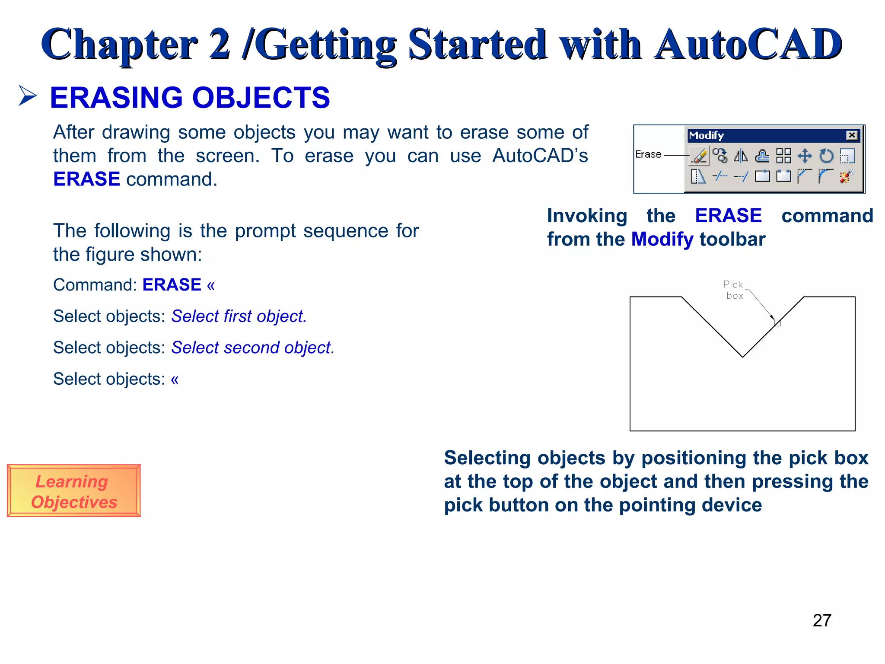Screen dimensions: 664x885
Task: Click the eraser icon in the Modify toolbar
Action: (x=699, y=156)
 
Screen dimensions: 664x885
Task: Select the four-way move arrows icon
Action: (x=805, y=156)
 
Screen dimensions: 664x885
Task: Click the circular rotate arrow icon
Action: (x=826, y=156)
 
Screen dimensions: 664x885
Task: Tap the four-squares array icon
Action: (x=783, y=156)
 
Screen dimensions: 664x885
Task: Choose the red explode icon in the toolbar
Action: (x=847, y=176)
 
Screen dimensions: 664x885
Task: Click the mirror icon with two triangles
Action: (x=741, y=156)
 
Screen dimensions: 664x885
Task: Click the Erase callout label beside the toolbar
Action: (x=648, y=154)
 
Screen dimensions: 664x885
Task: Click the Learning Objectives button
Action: (x=74, y=491)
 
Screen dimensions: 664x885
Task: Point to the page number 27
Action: (x=822, y=621)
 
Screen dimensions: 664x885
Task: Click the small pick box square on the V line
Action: (x=777, y=323)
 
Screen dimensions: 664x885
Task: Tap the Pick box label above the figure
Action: (x=733, y=290)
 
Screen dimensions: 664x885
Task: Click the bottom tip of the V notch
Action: (x=743, y=357)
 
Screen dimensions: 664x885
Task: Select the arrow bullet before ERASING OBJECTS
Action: (x=28, y=96)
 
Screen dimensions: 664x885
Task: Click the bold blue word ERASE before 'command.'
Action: (x=86, y=179)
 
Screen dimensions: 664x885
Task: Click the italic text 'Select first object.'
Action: (x=239, y=316)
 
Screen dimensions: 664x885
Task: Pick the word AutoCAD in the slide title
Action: (x=748, y=44)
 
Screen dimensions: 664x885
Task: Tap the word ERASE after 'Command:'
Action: (x=172, y=285)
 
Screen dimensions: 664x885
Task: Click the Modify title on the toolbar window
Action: (x=706, y=136)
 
